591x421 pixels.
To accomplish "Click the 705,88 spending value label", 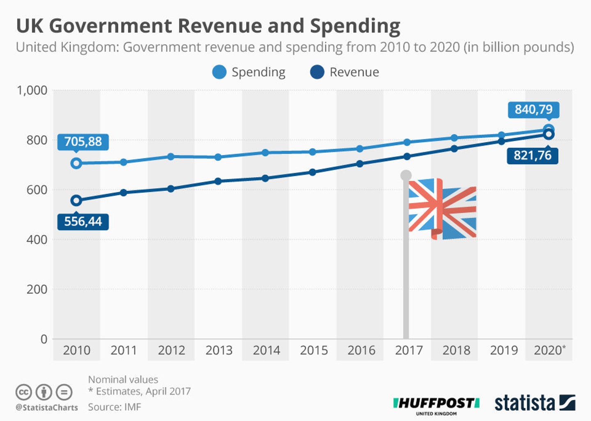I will click(83, 142).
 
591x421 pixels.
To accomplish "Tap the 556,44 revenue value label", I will click(83, 222).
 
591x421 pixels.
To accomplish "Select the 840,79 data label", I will click(533, 110).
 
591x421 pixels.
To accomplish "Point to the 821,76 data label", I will click(532, 156).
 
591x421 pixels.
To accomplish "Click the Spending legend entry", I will click(249, 72).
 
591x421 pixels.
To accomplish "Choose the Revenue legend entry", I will click(345, 72).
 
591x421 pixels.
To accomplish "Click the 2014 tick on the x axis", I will click(266, 350).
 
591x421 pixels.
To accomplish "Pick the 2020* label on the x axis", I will click(549, 350).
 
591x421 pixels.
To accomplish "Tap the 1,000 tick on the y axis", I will click(32, 90).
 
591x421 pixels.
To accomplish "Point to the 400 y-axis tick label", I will click(37, 240).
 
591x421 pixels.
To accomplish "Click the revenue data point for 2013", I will click(218, 181).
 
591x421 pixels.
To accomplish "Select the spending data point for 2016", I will click(360, 149).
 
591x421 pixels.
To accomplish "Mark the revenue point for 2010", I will click(76, 201).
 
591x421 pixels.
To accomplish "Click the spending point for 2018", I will click(454, 138).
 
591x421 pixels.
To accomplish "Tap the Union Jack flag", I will click(442, 209).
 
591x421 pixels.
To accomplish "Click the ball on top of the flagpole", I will click(406, 176).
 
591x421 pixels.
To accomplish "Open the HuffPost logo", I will click(436, 405).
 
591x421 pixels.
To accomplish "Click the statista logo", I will click(534, 403).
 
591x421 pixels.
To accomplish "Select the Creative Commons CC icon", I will click(23, 392).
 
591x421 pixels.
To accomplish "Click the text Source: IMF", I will click(115, 407).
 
